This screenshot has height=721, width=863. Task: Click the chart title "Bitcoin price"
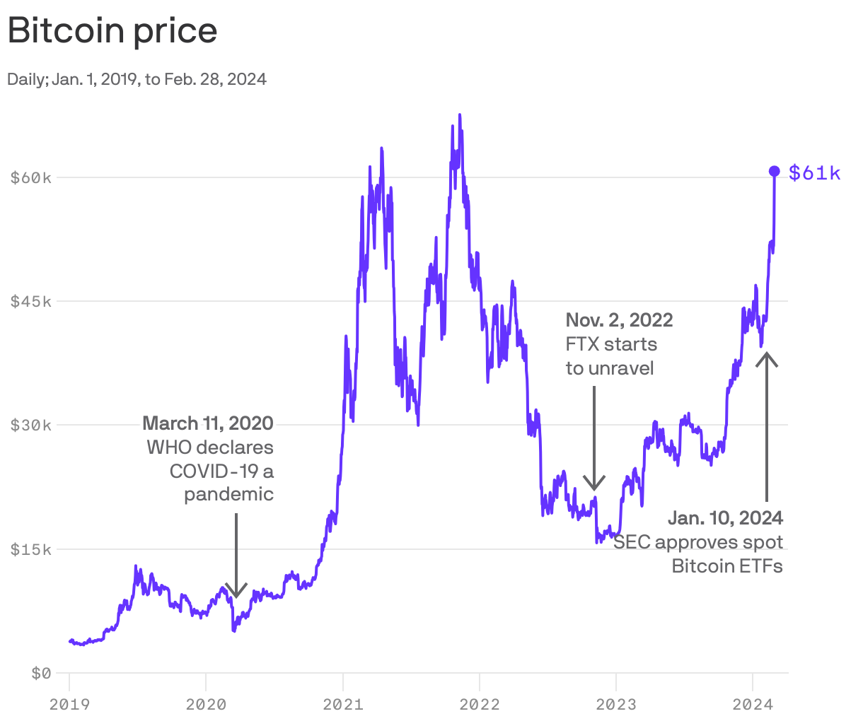click(x=112, y=31)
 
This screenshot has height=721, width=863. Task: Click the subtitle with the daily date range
click(x=137, y=79)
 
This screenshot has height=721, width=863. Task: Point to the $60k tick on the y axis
click(x=31, y=177)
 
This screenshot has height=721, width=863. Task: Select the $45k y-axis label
click(x=31, y=301)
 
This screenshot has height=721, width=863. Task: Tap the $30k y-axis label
click(x=31, y=425)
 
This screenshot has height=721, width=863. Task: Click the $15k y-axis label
click(x=31, y=549)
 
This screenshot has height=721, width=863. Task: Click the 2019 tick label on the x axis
click(x=69, y=704)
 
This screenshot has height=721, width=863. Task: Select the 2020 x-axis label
click(x=206, y=704)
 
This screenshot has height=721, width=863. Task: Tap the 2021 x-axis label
click(x=342, y=704)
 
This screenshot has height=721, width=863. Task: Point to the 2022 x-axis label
click(x=480, y=704)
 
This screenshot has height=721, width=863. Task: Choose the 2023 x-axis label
click(x=616, y=704)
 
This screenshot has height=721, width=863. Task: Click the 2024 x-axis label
click(x=753, y=704)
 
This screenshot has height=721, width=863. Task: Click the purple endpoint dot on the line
click(x=775, y=171)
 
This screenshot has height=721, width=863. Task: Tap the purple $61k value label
click(x=815, y=172)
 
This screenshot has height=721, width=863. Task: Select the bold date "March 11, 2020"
click(x=208, y=423)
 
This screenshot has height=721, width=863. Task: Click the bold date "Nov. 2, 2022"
click(x=619, y=320)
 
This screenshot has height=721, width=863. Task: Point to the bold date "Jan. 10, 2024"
click(x=725, y=518)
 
